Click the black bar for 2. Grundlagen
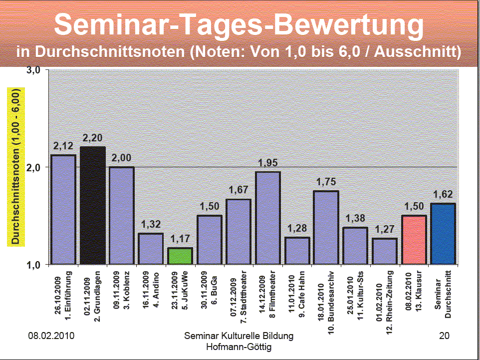click(93, 205)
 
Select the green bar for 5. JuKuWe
click(180, 256)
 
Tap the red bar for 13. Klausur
click(414, 239)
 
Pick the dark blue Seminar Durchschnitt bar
click(443, 233)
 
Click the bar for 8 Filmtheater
click(267, 217)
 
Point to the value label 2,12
click(63, 146)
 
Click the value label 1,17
click(180, 239)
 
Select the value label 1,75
click(326, 182)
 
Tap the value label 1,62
click(443, 195)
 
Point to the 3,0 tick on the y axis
click(33, 70)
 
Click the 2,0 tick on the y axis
click(33, 167)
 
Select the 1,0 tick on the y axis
click(33, 264)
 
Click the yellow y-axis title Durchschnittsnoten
click(15, 167)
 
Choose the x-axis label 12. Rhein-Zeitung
click(384, 298)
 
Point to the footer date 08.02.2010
click(51, 336)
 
